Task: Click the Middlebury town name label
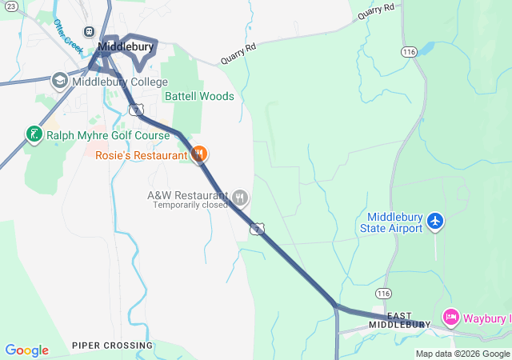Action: [x=126, y=48]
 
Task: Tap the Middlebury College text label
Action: [x=120, y=82]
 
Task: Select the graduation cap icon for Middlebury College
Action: [x=60, y=82]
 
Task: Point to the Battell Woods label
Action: [x=199, y=97]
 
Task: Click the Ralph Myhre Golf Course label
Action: [x=108, y=135]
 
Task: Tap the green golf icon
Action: [x=34, y=134]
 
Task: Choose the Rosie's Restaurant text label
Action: [x=141, y=155]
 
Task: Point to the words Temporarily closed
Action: [x=191, y=206]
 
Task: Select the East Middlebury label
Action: [x=408, y=321]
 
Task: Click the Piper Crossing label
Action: [x=112, y=346]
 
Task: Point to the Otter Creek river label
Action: [x=69, y=36]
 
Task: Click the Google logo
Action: [x=26, y=350]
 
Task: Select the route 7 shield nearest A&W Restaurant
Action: [x=257, y=230]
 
